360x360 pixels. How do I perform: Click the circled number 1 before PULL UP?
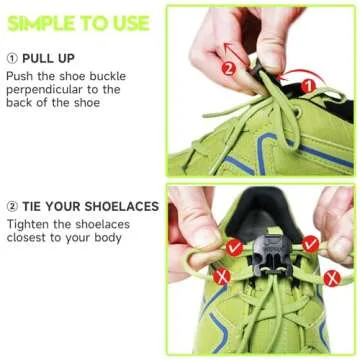click(12, 58)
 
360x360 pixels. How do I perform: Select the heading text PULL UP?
click(50, 58)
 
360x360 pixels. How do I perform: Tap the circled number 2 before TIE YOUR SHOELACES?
click(12, 207)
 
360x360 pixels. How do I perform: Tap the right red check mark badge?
click(311, 243)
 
